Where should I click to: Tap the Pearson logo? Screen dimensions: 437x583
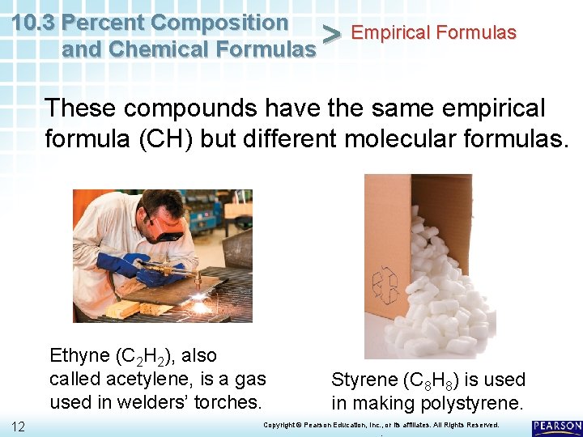click(x=557, y=426)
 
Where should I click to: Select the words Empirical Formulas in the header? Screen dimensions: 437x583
click(x=434, y=33)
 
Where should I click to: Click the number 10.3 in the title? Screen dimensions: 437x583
click(x=35, y=22)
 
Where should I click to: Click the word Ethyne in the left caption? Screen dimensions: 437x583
click(x=79, y=356)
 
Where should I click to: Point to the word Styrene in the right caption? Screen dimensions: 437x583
click(x=364, y=380)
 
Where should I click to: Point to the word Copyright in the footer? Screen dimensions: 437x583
click(x=278, y=425)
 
